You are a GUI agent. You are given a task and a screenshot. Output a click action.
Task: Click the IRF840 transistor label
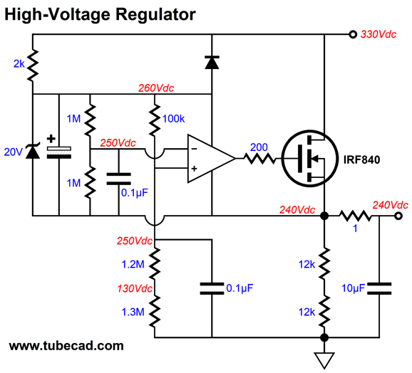(x=361, y=159)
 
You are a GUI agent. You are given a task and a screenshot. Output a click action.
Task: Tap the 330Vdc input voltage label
(x=378, y=34)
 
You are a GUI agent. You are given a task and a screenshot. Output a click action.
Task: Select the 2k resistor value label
(x=19, y=64)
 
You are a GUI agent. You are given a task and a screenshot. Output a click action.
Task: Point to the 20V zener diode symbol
(x=33, y=152)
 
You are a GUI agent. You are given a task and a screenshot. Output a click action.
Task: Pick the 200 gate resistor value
(x=259, y=147)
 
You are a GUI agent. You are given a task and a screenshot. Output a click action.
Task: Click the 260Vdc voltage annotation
(x=156, y=88)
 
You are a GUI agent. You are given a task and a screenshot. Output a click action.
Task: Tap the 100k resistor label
(x=173, y=119)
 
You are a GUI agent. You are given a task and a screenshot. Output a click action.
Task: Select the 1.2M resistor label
(x=133, y=264)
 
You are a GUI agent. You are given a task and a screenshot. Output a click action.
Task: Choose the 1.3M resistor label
(x=133, y=312)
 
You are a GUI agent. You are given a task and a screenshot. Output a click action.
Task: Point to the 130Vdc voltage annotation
(x=135, y=288)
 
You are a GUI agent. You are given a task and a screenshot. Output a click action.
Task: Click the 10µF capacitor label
(x=353, y=288)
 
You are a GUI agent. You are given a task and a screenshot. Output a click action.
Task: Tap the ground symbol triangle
(x=324, y=360)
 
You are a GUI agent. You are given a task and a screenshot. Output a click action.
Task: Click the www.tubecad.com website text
(x=66, y=346)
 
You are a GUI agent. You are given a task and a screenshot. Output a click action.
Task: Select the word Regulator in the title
(x=155, y=14)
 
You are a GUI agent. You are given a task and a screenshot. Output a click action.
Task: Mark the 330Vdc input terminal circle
(x=353, y=34)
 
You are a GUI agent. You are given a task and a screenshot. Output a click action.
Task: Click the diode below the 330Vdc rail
(x=212, y=62)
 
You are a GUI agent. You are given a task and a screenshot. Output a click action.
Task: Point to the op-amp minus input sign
(x=194, y=149)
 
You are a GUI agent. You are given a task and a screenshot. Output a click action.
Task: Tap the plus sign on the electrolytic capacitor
(x=51, y=139)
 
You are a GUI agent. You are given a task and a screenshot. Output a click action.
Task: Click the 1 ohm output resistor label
(x=355, y=228)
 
